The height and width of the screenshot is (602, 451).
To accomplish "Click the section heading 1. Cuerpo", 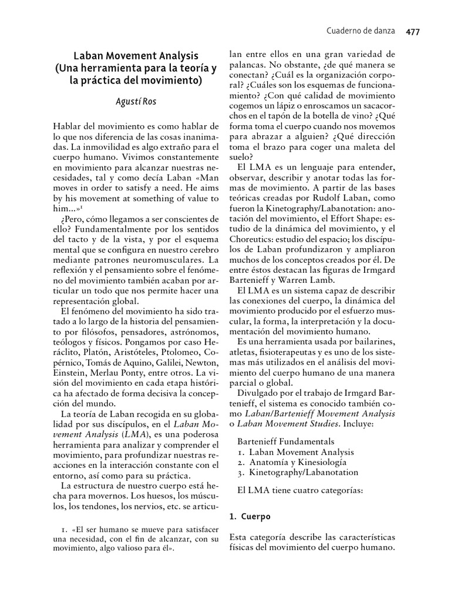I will click(x=250, y=517).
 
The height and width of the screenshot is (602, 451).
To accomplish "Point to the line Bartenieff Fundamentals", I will click(x=286, y=441).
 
